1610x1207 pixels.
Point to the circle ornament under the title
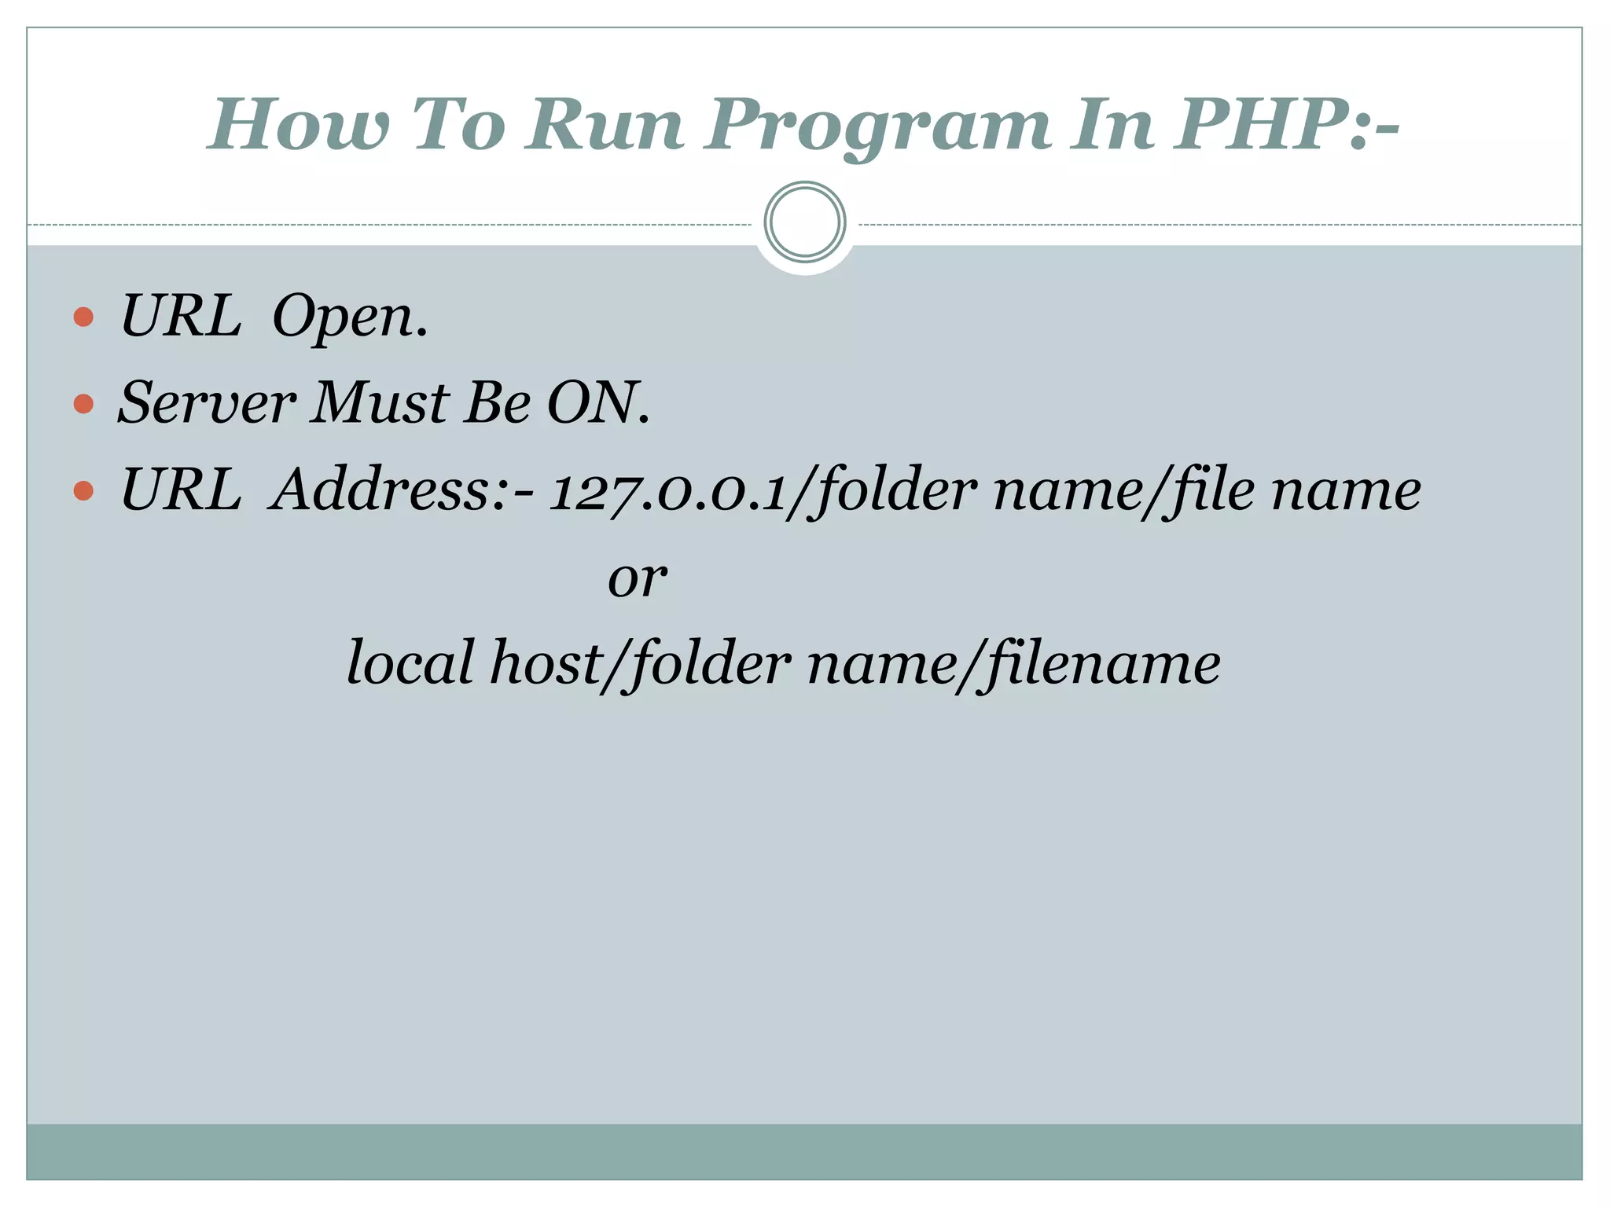pyautogui.click(x=804, y=222)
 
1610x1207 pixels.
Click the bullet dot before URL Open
pyautogui.click(x=83, y=317)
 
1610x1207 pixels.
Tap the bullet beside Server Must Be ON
pyautogui.click(x=83, y=404)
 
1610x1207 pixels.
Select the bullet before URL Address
pyautogui.click(x=83, y=491)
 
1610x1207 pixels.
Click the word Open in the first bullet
pyautogui.click(x=349, y=317)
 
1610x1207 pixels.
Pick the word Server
pyautogui.click(x=207, y=402)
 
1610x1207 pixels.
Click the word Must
pyautogui.click(x=380, y=402)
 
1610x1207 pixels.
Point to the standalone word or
pyautogui.click(x=637, y=579)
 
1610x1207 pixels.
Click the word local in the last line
pyautogui.click(x=410, y=662)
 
